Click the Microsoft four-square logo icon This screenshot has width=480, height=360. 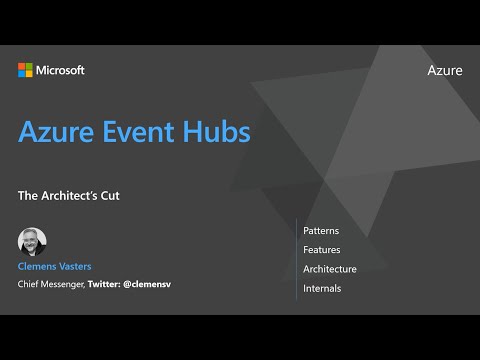pos(25,70)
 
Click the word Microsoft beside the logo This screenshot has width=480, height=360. pos(60,70)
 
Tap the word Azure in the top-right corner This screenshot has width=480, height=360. pos(444,70)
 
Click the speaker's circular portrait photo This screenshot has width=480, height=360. pos(32,242)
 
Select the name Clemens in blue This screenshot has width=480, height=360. pos(40,267)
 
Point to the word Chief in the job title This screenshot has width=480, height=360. pos(30,285)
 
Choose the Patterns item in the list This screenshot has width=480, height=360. pos(321,231)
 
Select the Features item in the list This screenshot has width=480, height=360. pos(322,250)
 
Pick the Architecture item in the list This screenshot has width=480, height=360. pos(330,269)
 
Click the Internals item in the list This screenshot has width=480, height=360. pos(322,288)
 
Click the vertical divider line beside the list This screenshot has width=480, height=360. pos(296,259)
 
